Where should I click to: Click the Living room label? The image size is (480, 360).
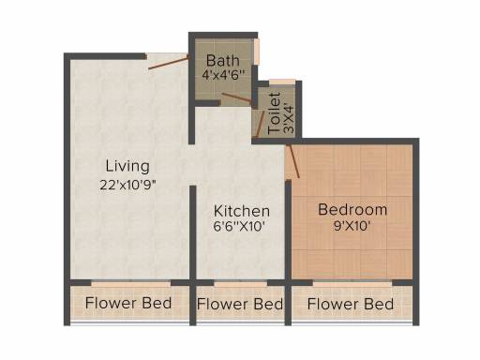pyautogui.click(x=127, y=166)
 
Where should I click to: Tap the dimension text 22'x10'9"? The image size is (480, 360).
pyautogui.click(x=127, y=185)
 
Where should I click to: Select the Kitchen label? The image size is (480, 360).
pyautogui.click(x=242, y=211)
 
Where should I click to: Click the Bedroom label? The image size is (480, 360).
pyautogui.click(x=352, y=210)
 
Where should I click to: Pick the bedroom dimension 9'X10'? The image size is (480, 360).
pyautogui.click(x=352, y=226)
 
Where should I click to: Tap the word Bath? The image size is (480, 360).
pyautogui.click(x=223, y=61)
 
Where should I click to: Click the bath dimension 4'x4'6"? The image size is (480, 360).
pyautogui.click(x=223, y=75)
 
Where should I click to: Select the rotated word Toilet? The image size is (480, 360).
pyautogui.click(x=275, y=113)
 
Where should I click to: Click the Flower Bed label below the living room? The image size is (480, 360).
pyautogui.click(x=128, y=303)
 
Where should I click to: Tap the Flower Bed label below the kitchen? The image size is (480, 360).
pyautogui.click(x=240, y=304)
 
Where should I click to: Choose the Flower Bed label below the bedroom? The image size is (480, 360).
pyautogui.click(x=351, y=304)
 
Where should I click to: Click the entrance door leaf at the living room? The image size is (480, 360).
pyautogui.click(x=169, y=62)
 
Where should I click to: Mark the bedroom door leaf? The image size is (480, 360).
pyautogui.click(x=293, y=161)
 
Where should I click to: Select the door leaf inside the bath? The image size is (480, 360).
pyautogui.click(x=238, y=97)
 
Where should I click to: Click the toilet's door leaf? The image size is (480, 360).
pyautogui.click(x=260, y=124)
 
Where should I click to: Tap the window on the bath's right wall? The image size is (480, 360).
pyautogui.click(x=257, y=52)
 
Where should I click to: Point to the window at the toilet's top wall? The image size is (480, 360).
pyautogui.click(x=282, y=82)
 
